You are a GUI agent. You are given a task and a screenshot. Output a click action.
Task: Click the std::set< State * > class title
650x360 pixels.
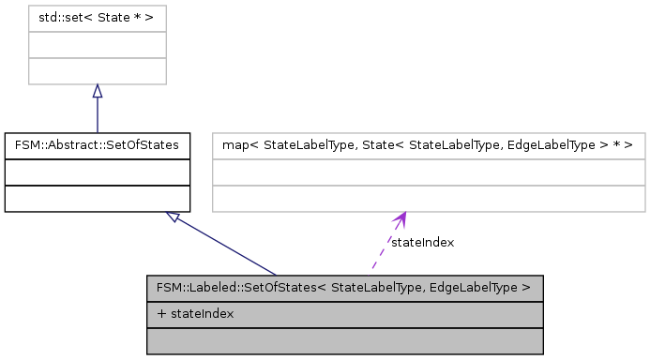pos(97,17)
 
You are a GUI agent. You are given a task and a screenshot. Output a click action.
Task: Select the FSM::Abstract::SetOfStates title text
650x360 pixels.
pos(98,146)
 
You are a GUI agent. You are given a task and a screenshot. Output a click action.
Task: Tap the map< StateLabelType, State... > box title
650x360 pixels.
pos(429,146)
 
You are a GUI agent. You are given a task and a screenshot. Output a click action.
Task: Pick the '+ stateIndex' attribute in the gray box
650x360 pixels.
pos(196,313)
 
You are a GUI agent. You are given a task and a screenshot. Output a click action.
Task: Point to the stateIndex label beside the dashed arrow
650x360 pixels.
pos(422,243)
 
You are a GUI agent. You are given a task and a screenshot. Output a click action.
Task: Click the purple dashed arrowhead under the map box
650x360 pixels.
pos(401,218)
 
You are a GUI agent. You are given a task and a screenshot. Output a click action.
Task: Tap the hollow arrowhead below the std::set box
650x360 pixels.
pos(97,91)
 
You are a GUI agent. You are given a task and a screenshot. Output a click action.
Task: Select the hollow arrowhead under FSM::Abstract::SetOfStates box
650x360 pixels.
pos(173,217)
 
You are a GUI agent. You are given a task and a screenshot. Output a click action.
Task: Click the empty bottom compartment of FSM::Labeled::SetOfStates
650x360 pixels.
pos(345,340)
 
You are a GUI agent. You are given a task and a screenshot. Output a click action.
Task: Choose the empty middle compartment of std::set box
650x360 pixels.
pos(97,44)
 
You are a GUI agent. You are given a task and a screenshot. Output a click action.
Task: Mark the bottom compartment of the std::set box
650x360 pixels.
pos(97,71)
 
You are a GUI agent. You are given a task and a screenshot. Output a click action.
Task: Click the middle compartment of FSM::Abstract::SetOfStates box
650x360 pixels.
pos(98,172)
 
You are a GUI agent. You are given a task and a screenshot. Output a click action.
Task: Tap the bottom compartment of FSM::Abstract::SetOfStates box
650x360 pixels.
pos(98,199)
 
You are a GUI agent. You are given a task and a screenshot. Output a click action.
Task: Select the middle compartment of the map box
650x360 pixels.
pos(429,172)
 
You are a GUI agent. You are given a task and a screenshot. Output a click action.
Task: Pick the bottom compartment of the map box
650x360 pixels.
pos(429,199)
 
